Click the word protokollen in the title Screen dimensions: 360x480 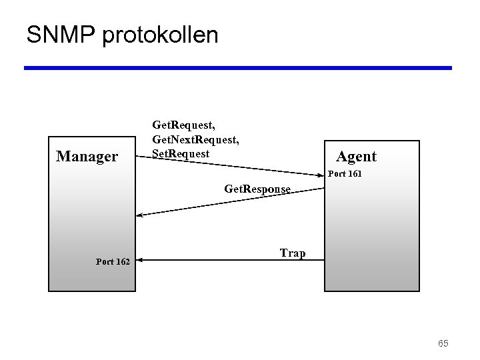160,35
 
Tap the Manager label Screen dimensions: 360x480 87,157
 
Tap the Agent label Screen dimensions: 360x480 356,157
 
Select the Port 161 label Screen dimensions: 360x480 345,175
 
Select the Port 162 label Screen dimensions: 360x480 113,262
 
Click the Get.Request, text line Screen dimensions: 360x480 183,125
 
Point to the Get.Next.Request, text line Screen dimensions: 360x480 195,140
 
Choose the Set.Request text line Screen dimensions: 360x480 180,154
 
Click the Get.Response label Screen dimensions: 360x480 257,189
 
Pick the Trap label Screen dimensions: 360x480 293,253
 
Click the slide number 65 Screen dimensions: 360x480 443,343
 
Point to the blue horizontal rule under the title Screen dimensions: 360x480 238,68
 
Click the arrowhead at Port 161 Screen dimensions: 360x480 321,175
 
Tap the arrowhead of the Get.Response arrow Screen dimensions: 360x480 139,215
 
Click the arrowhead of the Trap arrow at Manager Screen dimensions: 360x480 139,260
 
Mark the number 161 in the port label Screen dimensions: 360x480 355,175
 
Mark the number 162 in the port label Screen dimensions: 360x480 122,262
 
